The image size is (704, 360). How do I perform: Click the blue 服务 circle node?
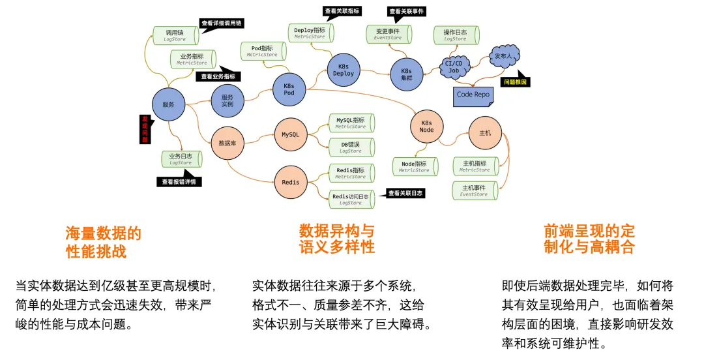pos(168,104)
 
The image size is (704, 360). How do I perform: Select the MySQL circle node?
pos(290,135)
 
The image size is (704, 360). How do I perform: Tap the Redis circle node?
pos(291,182)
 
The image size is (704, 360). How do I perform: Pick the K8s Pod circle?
pos(289,89)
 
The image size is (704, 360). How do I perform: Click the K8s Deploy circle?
pos(344,70)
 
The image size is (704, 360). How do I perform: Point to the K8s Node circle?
pos(426,127)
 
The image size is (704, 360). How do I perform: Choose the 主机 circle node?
pos(485,133)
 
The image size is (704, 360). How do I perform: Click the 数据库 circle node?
pos(227,143)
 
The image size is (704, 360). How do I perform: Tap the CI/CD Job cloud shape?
pos(454,67)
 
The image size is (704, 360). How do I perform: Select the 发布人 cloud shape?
pos(505,57)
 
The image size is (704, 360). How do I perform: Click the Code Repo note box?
pos(473,95)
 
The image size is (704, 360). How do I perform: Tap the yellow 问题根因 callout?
pos(515,82)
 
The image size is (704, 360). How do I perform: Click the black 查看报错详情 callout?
pos(179,182)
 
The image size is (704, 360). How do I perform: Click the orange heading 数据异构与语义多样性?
pos(337,239)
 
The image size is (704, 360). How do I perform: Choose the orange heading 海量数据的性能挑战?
pos(103,243)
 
